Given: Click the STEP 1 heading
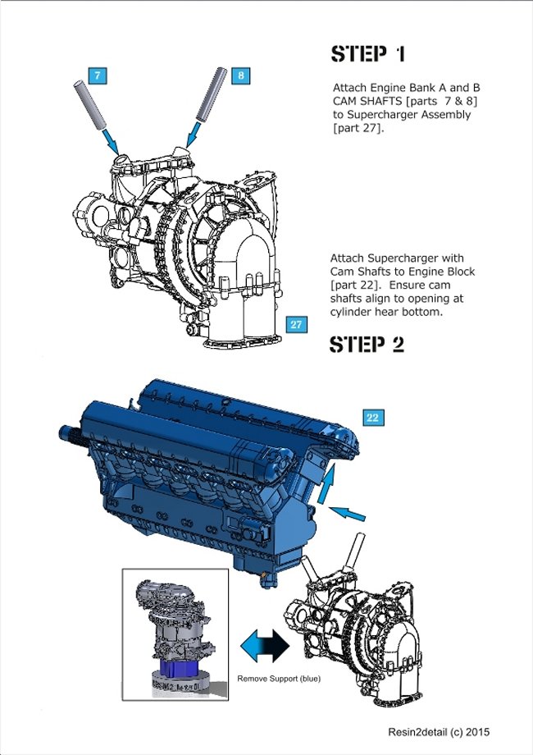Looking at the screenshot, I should click(367, 54).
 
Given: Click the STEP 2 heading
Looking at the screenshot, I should click(367, 345).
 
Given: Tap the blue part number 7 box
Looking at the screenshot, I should click(98, 75).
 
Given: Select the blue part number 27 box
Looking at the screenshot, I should click(296, 324).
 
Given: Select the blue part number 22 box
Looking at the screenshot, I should click(372, 418).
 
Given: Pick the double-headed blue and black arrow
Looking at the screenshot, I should click(265, 646).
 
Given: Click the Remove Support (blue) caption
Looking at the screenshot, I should click(279, 679).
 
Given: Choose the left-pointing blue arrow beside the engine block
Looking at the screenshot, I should click(346, 515).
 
